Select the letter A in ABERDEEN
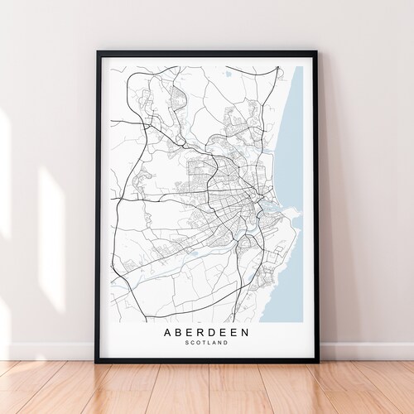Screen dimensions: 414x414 [168, 333]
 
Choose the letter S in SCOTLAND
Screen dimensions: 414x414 [187, 344]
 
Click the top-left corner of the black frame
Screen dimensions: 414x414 [97, 52]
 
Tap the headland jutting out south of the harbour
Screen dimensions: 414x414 [286, 218]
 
